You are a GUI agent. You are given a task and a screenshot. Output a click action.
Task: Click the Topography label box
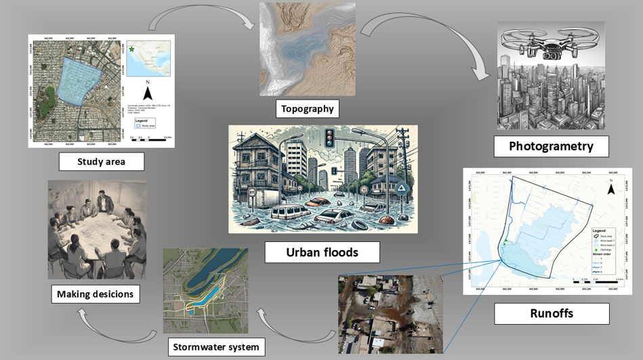pos(308,108)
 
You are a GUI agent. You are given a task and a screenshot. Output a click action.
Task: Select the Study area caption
pos(101,162)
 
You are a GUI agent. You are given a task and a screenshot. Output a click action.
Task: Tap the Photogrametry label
pos(550,146)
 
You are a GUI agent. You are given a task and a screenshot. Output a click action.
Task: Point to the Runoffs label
pos(552,313)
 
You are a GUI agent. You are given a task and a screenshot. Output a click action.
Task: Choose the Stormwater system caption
pos(215,347)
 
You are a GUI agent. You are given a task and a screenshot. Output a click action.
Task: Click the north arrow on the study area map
pos(148,92)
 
